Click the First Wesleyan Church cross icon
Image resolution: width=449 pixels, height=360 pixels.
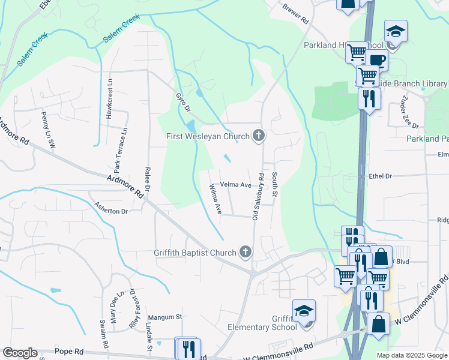259,136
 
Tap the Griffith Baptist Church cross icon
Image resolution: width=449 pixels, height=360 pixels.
244,252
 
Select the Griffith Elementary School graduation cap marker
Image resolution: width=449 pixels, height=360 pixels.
304,311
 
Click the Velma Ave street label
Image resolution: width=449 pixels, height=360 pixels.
235,185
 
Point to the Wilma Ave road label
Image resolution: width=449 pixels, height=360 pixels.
215,200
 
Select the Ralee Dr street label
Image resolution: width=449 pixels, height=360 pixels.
147,178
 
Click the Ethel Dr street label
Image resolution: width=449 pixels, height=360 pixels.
381,176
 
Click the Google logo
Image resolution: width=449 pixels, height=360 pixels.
20,353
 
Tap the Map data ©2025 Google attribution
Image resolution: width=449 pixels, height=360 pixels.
411,355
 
